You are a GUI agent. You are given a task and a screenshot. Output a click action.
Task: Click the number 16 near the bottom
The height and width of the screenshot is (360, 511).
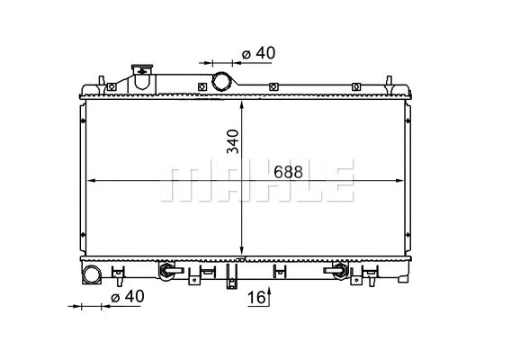point(255,297)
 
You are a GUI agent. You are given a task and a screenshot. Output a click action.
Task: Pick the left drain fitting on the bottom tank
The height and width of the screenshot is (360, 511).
point(166,269)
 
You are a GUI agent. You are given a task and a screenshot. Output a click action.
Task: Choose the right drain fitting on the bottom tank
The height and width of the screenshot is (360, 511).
point(340,269)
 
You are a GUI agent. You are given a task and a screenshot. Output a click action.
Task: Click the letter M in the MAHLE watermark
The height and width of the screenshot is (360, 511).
point(179,181)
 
